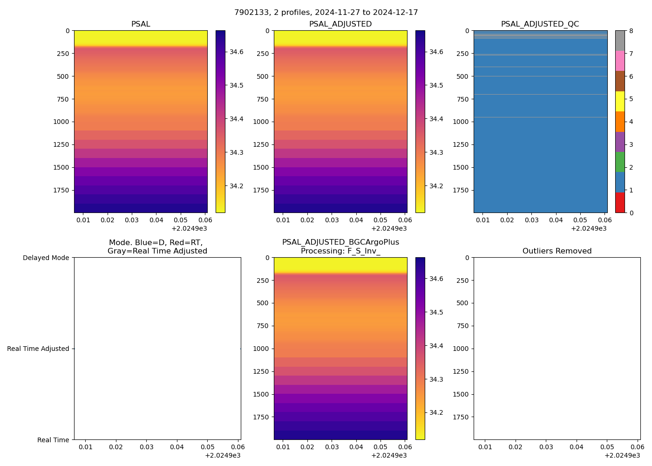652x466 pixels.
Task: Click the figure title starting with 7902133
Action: [x=326, y=12]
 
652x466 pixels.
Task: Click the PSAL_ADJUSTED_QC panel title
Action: [x=540, y=24]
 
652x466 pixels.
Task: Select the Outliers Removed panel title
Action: [x=557, y=251]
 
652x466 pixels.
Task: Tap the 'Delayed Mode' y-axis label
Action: [x=46, y=258]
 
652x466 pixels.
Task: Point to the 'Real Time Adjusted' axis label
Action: [x=38, y=349]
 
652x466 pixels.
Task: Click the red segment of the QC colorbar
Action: [x=620, y=203]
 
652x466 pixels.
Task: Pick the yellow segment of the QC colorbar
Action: [x=620, y=101]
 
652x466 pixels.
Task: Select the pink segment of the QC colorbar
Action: [x=620, y=61]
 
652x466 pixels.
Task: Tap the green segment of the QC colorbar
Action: [x=620, y=162]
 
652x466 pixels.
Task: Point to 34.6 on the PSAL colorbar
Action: [x=237, y=52]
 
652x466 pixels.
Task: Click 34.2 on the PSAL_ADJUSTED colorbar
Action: [x=436, y=186]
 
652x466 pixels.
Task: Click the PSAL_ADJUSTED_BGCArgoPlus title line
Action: [x=340, y=242]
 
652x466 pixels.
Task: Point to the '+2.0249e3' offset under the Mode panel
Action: [x=223, y=455]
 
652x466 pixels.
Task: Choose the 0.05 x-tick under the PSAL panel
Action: [x=181, y=220]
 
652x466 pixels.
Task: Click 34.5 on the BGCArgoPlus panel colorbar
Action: [x=436, y=312]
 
